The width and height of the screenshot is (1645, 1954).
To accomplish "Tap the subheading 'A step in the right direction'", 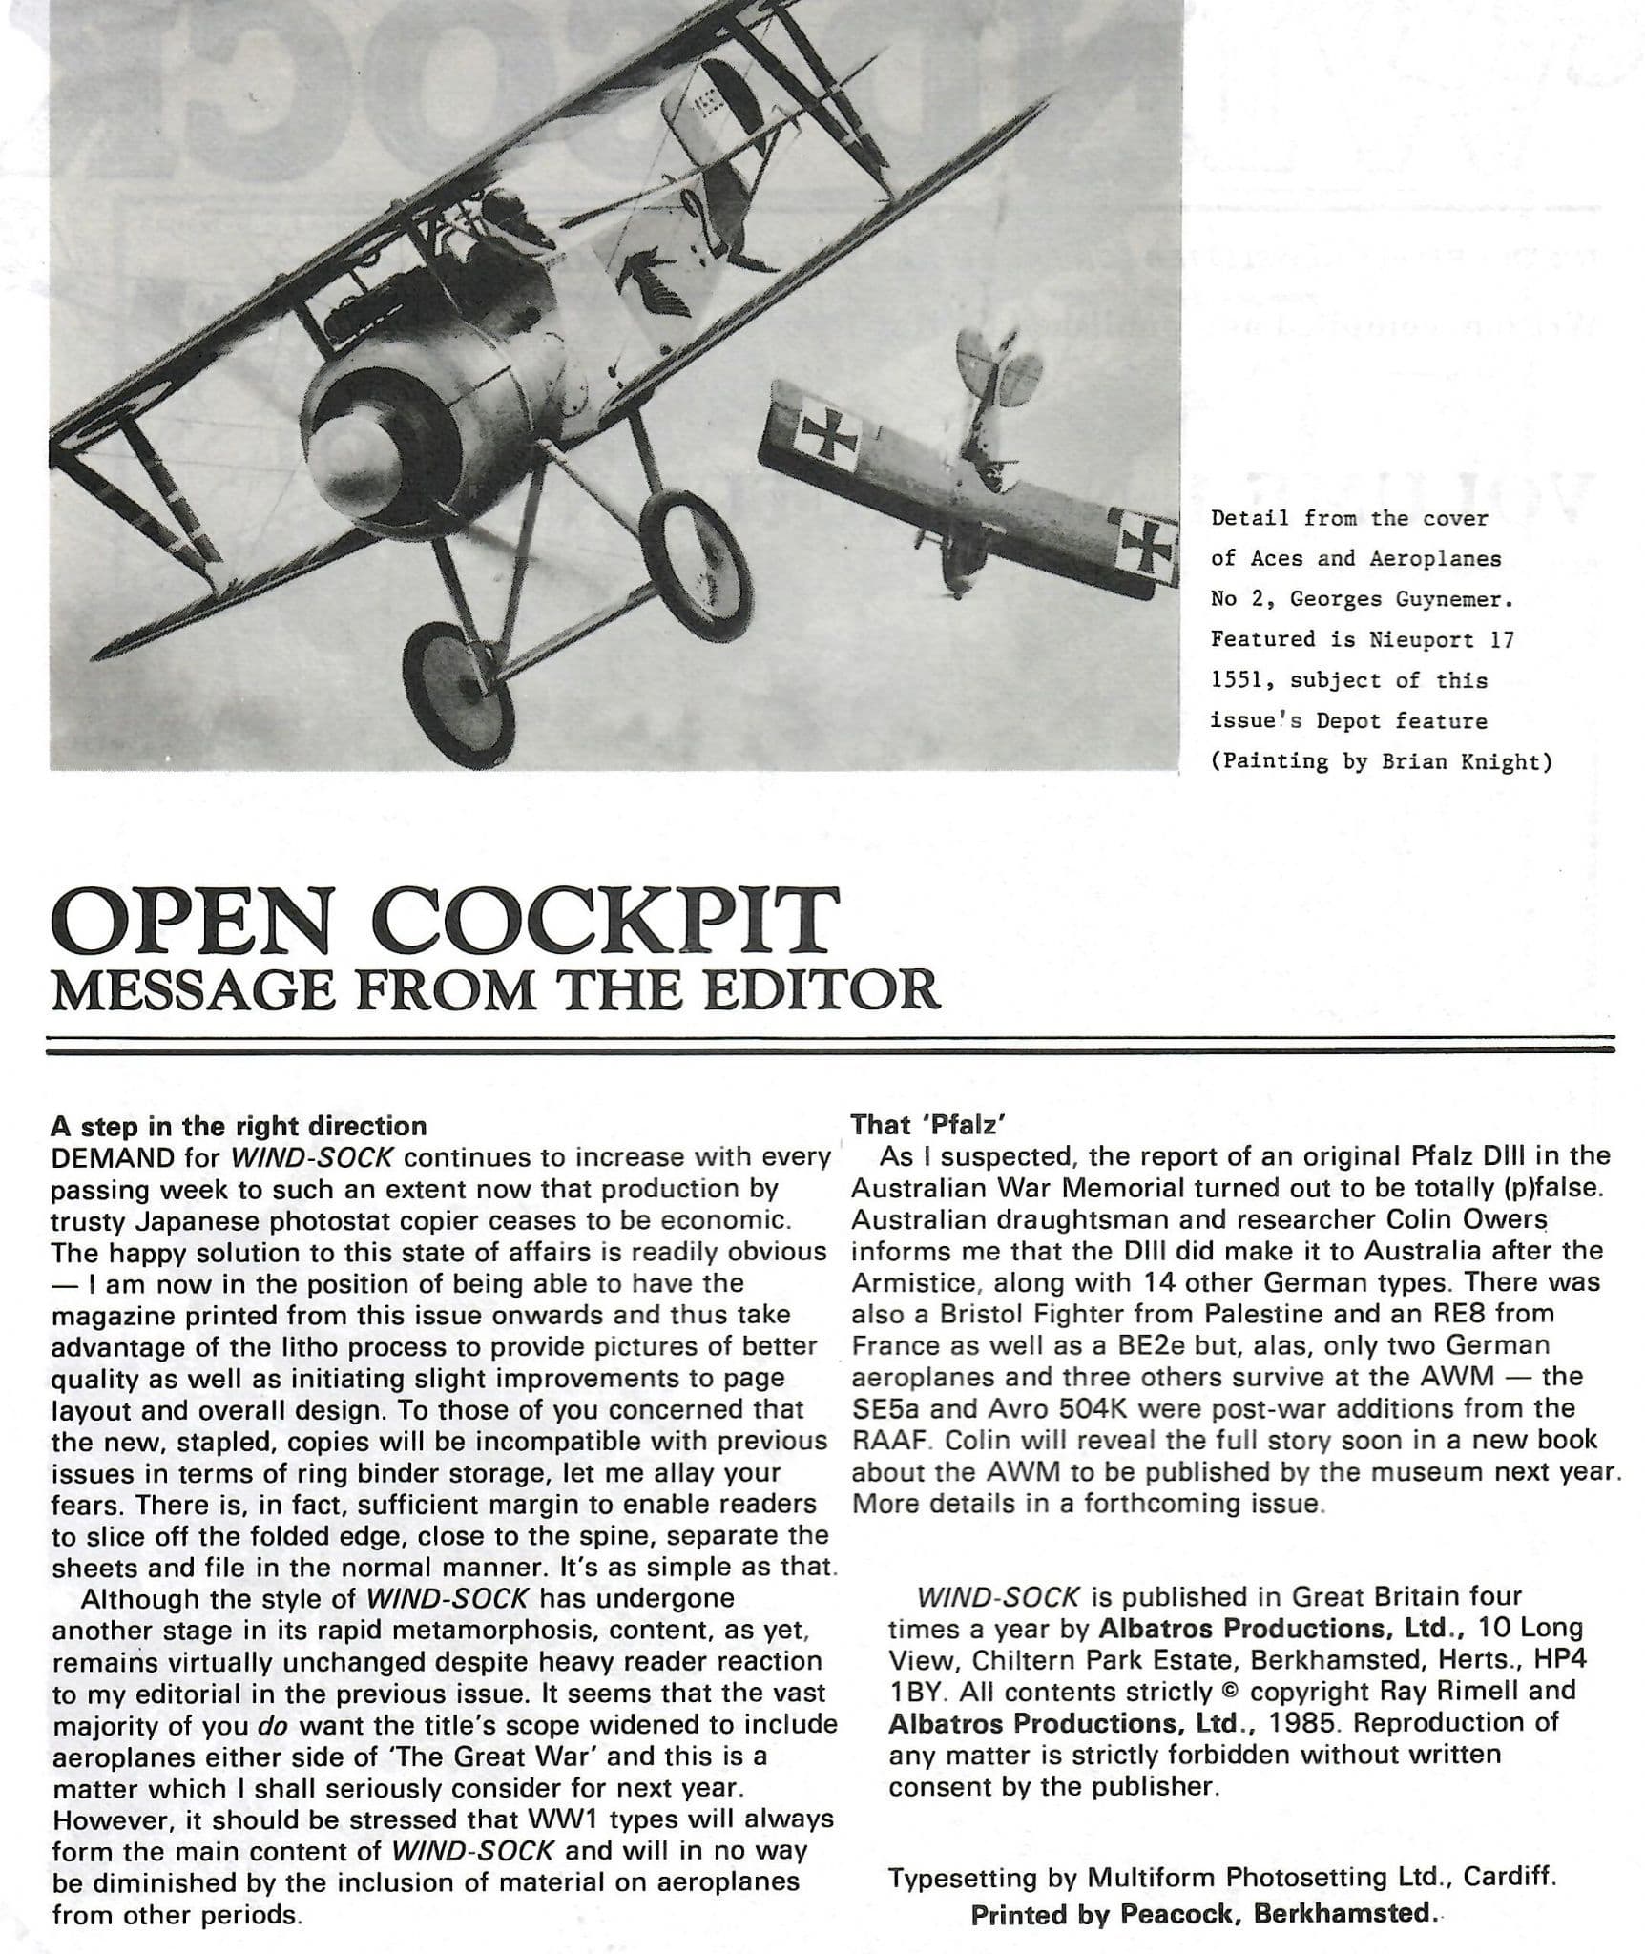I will (x=238, y=1126).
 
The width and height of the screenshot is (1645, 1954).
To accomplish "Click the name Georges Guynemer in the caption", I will (x=1402, y=600).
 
